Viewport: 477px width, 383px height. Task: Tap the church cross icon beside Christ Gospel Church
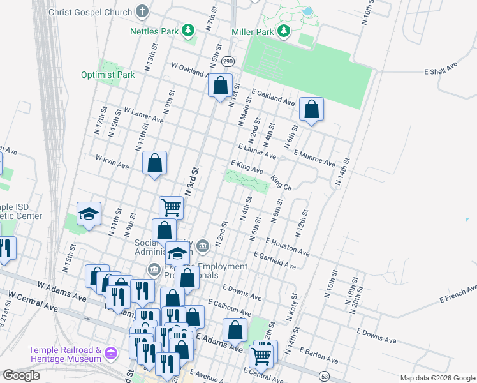[142, 11]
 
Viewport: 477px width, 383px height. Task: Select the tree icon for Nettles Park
[188, 30]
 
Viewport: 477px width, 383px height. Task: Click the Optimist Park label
[108, 75]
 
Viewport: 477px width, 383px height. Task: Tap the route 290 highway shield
[228, 61]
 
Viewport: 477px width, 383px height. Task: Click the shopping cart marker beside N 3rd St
[171, 207]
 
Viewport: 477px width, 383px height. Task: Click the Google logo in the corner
[21, 375]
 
